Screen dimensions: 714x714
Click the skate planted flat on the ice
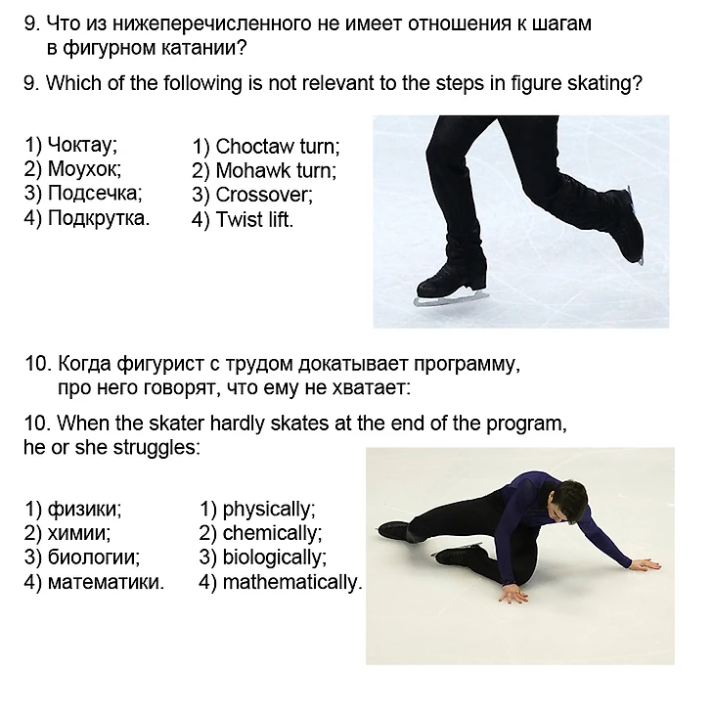click(x=451, y=285)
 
